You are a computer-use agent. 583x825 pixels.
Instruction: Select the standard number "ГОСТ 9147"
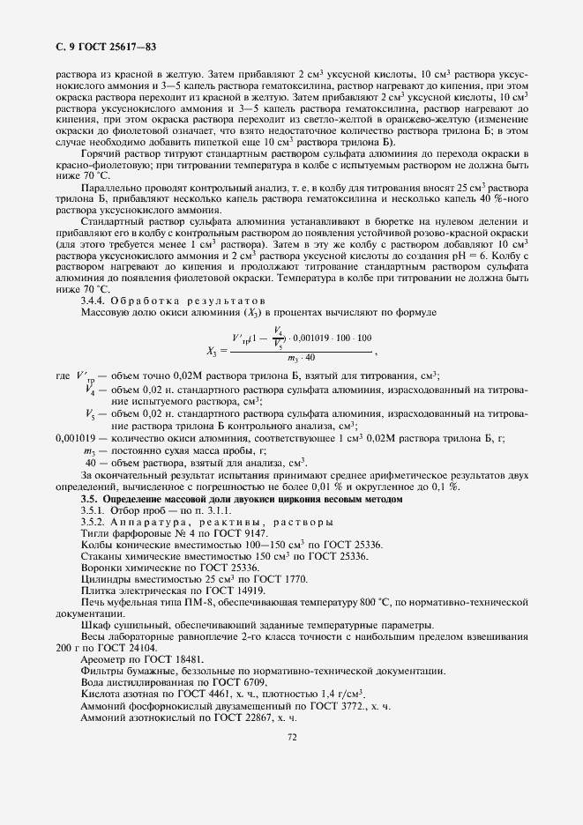pyautogui.click(x=242, y=534)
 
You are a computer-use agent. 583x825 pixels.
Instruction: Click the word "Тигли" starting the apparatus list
pyautogui.click(x=94, y=534)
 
